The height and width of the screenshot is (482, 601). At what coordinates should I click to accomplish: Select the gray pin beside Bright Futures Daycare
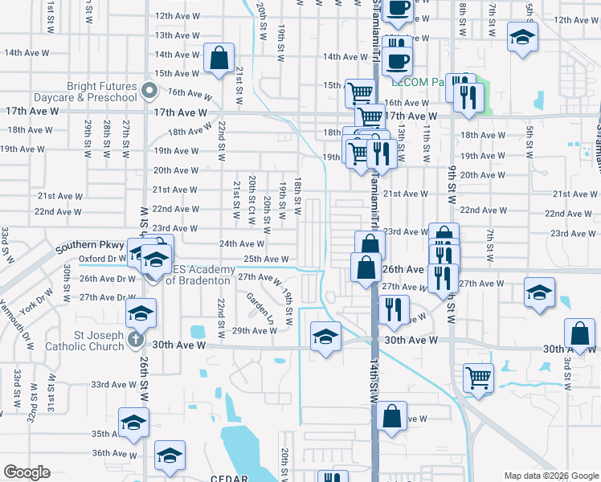tap(149, 91)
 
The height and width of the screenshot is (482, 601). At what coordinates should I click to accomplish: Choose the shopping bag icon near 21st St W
tap(219, 59)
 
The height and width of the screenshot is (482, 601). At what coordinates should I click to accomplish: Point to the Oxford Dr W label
tap(102, 259)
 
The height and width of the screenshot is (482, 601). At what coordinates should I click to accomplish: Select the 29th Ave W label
tap(254, 330)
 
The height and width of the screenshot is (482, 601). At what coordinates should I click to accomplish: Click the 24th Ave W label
tap(242, 243)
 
